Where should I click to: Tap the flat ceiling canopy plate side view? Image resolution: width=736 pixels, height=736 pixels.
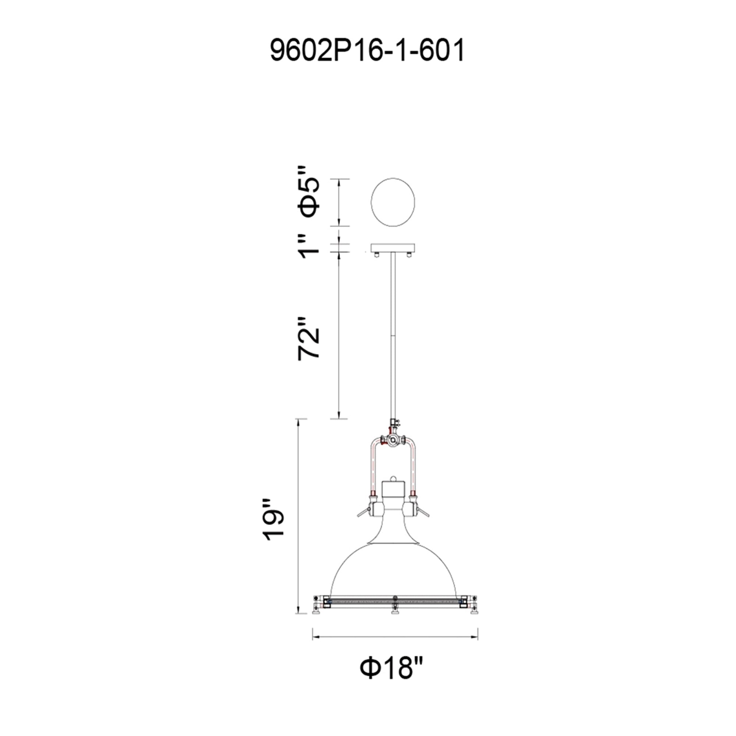point(393,248)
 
